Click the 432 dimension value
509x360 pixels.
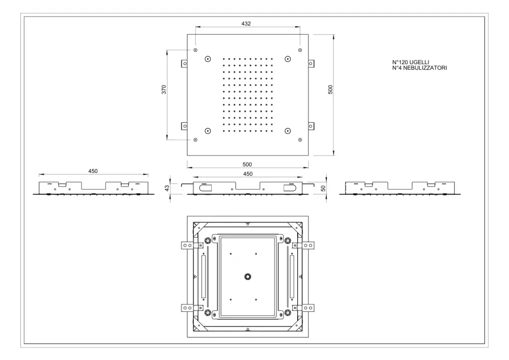pos(246,24)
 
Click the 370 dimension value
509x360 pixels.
pos(164,90)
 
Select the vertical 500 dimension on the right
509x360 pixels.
pos(331,90)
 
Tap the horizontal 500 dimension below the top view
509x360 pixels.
pos(248,165)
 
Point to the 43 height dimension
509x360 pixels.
pos(167,188)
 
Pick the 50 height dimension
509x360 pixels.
pos(323,188)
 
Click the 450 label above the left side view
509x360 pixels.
pos(93,171)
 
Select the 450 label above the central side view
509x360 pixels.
pos(248,174)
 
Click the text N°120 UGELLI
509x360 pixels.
pos(411,62)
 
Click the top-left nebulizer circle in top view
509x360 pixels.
pos(208,59)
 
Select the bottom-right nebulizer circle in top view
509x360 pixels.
pos(288,131)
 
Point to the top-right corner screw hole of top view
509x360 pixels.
pos(300,50)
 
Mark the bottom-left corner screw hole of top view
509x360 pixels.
pos(195,140)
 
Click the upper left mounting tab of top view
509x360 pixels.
pos(184,63)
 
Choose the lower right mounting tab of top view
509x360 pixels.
pos(311,126)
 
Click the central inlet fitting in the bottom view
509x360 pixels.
pos(248,276)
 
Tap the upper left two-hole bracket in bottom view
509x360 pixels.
pos(187,246)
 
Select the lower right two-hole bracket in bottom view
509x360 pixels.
pos(308,308)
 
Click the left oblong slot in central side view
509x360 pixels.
pos(205,187)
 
